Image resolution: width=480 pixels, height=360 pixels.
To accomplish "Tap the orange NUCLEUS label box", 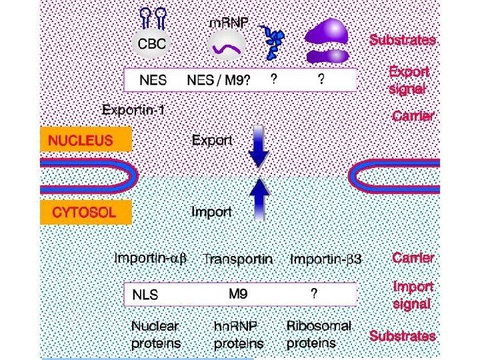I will tap(86, 141).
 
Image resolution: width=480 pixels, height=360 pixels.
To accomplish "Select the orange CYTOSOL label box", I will tap(86, 213).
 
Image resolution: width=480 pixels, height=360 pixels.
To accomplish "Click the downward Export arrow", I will tap(258, 147).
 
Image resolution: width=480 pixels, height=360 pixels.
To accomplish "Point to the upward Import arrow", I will tap(258, 199).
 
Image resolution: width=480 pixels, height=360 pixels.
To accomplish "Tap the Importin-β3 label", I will tap(325, 259).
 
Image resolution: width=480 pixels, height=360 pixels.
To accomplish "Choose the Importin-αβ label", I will tap(153, 258).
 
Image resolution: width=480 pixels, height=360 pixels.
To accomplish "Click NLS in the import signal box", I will tap(145, 294).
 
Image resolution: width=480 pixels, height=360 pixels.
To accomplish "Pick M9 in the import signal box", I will tap(239, 293).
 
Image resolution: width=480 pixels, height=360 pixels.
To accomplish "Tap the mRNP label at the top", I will tap(229, 23).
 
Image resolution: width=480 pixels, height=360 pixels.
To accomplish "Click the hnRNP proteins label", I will tap(238, 335).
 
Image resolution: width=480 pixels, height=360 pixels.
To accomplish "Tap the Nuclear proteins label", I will tap(155, 335).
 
